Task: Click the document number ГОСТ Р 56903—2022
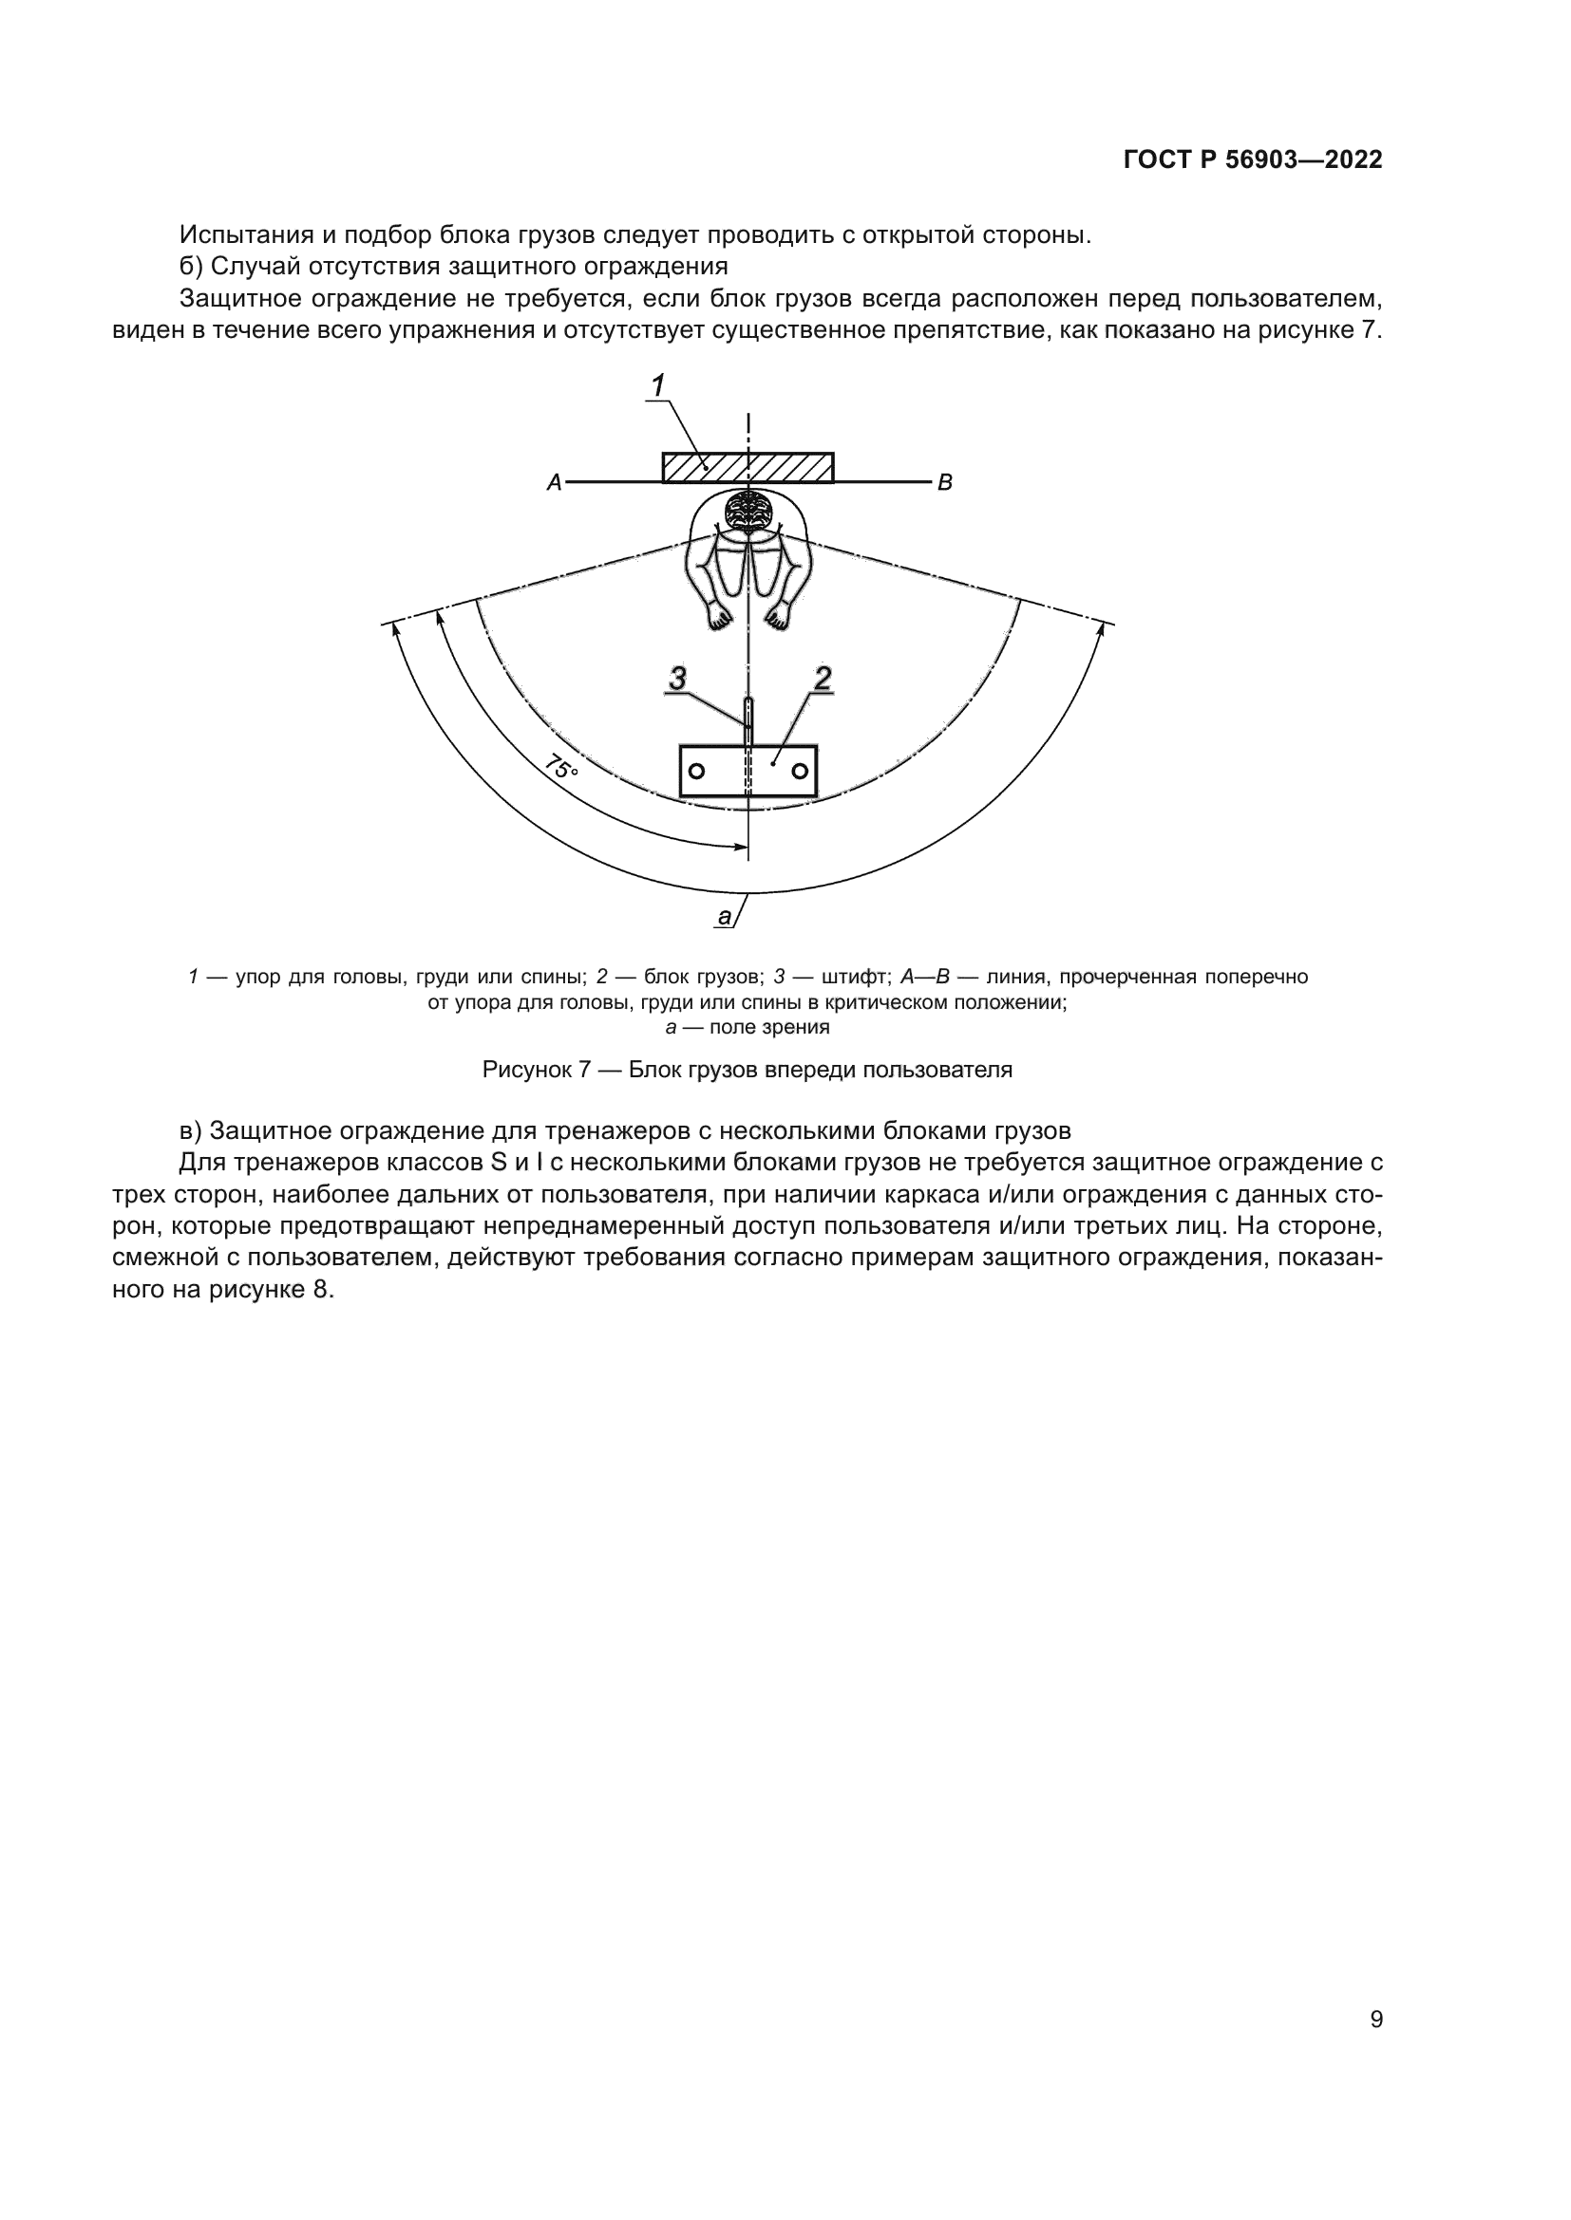[1253, 159]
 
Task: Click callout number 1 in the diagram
[658, 385]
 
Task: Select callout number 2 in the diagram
[823, 679]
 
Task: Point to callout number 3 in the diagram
[677, 679]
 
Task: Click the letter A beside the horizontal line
[555, 481]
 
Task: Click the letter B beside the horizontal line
[945, 481]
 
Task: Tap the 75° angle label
[561, 769]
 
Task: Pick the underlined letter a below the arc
[724, 917]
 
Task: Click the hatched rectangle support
[748, 467]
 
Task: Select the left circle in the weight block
[695, 771]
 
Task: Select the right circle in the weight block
[800, 771]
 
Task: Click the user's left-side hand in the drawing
[718, 615]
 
